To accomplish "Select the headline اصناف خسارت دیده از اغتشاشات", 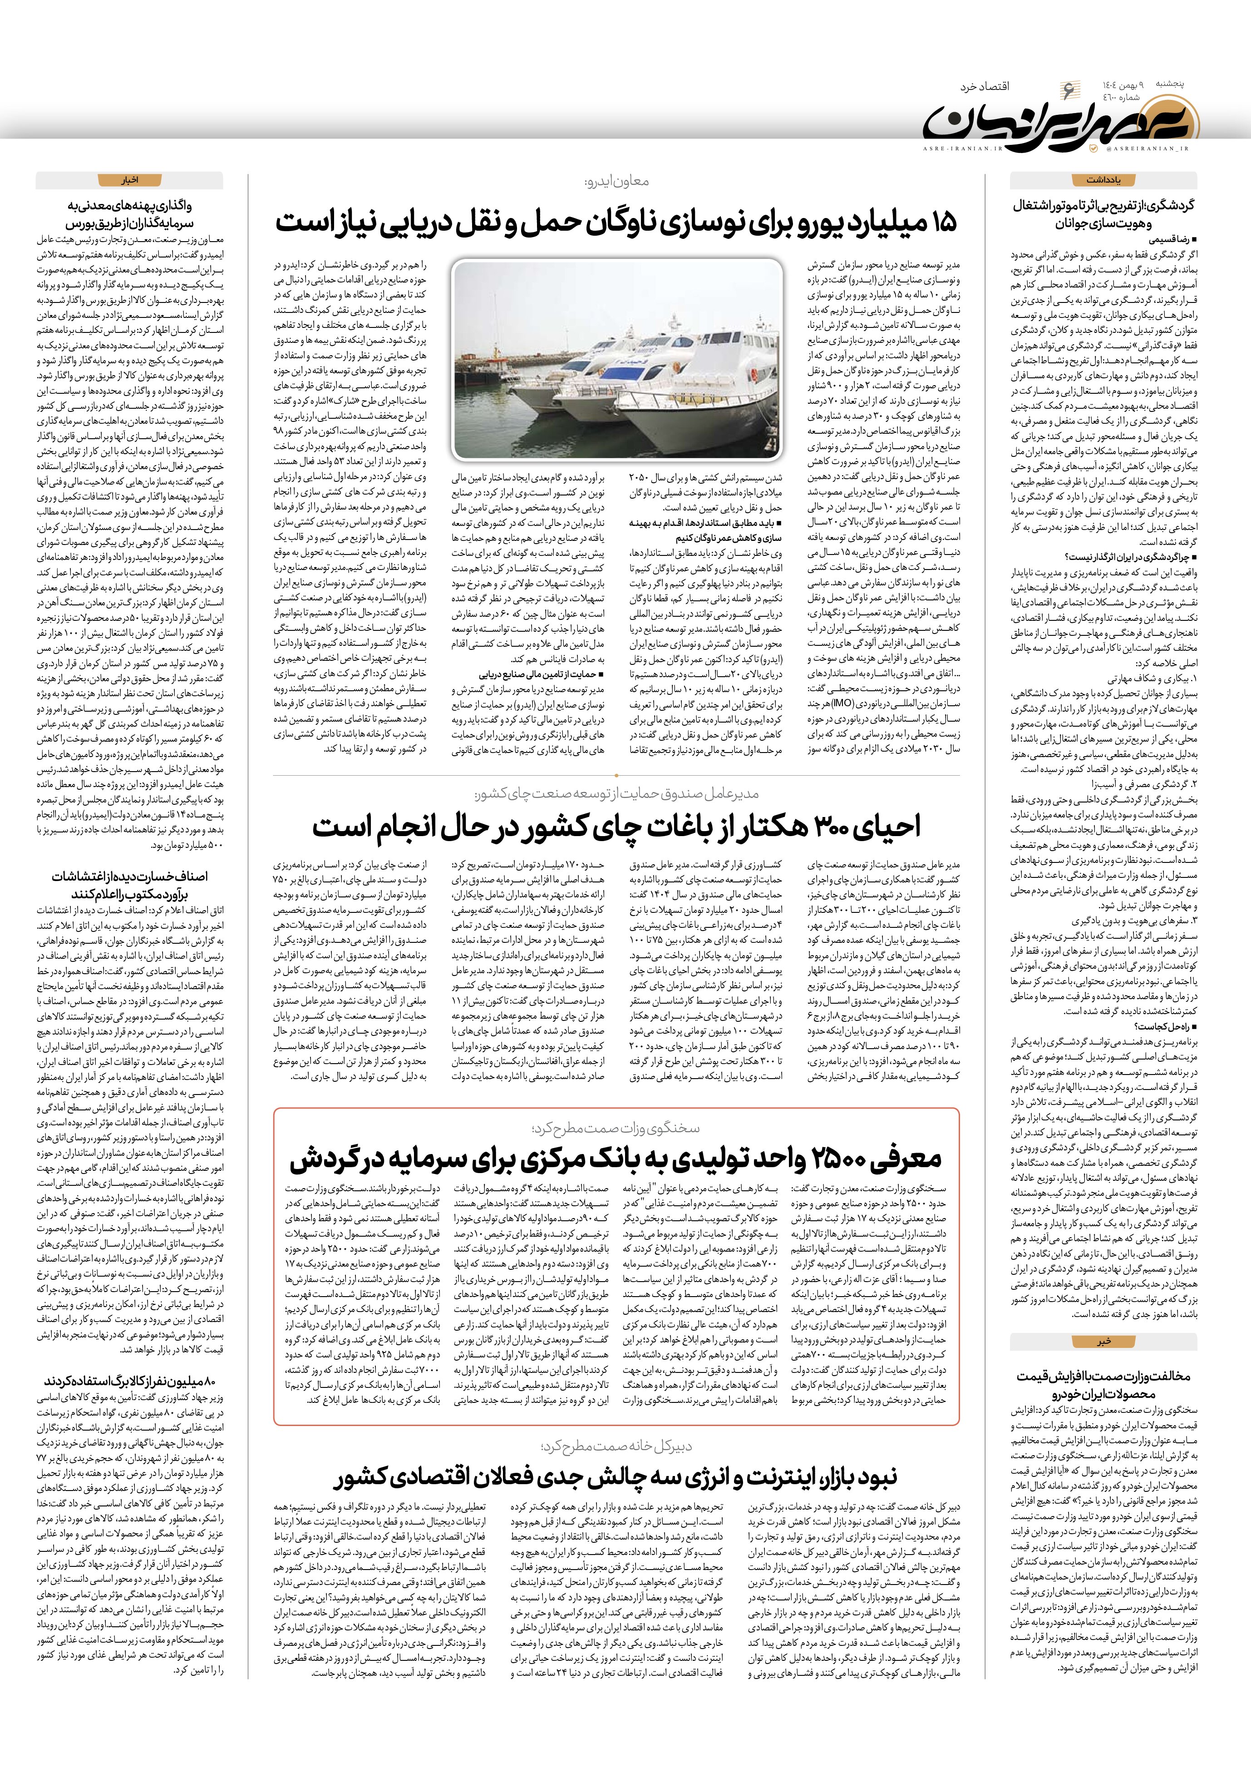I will click(x=129, y=885).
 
